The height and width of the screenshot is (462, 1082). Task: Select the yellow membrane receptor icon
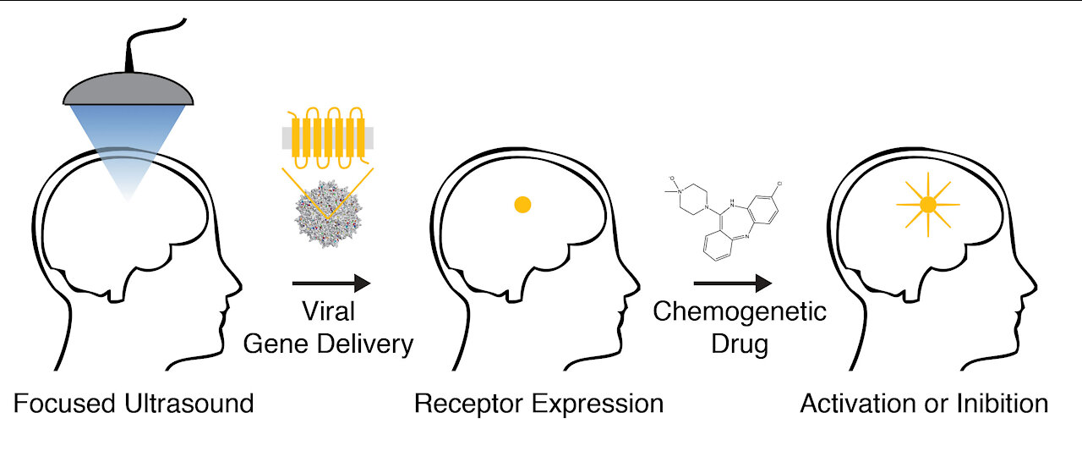tap(326, 136)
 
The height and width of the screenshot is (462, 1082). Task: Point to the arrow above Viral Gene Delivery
tap(331, 283)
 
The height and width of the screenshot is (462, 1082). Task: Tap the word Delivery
tap(373, 344)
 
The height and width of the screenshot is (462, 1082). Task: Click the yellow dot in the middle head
tap(522, 203)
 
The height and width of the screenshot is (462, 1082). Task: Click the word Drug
tap(739, 344)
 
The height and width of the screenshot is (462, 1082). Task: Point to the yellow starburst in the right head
tap(927, 204)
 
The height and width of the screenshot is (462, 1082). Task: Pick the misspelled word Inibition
tap(997, 404)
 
